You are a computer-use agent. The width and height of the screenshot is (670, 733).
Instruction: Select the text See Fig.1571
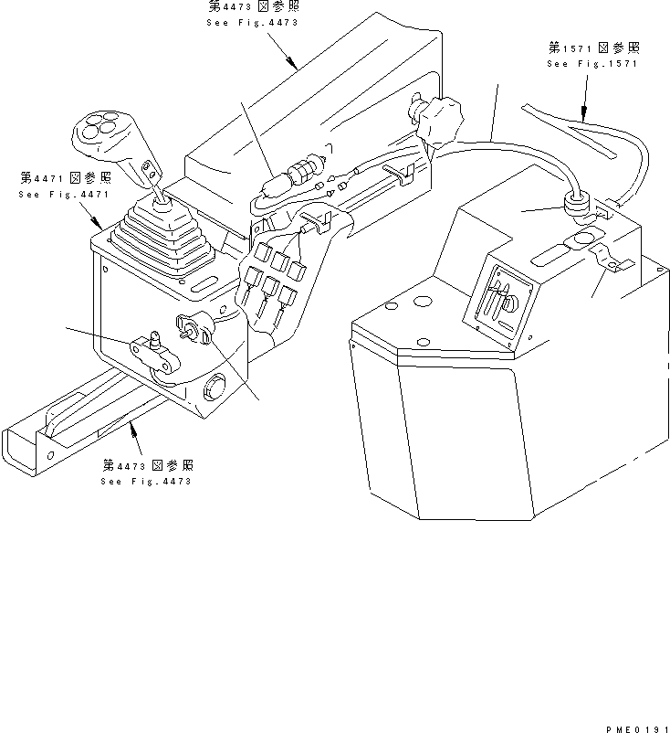pos(591,64)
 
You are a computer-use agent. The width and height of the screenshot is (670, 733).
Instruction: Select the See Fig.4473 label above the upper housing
pos(253,22)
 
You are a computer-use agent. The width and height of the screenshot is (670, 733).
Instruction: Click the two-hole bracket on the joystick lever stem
pos(150,169)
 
